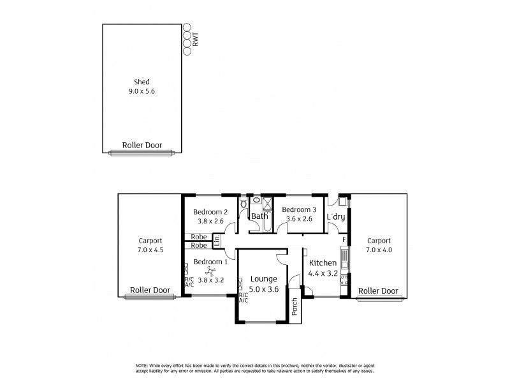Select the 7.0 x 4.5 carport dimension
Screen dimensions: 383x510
151,250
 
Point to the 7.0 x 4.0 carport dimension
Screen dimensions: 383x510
379,250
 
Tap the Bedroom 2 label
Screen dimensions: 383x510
210,213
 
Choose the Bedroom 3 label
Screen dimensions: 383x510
299,209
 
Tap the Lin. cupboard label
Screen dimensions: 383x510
217,240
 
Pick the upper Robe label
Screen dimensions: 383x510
198,237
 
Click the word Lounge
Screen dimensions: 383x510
263,278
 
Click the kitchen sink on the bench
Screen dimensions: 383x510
344,258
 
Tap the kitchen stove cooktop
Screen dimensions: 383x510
344,281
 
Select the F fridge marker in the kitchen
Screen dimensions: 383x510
344,239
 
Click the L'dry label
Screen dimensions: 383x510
336,217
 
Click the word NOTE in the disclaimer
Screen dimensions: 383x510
142,364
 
